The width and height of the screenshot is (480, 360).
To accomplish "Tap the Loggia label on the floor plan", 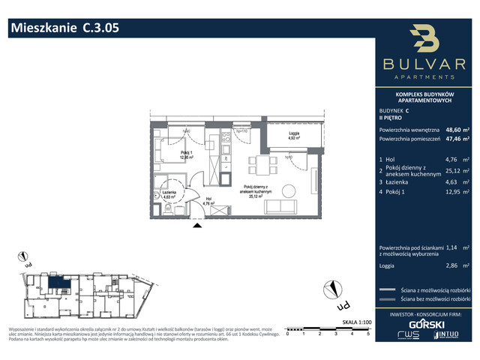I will pos(295,133).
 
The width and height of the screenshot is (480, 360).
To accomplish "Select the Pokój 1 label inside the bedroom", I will pos(186,154).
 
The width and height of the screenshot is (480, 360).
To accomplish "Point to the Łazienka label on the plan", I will pos(168,193).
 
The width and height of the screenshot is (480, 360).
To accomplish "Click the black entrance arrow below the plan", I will pos(197,223).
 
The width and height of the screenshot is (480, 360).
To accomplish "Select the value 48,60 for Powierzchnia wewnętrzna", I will pos(453,128).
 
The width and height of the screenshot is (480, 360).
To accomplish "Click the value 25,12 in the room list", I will pos(453,170).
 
